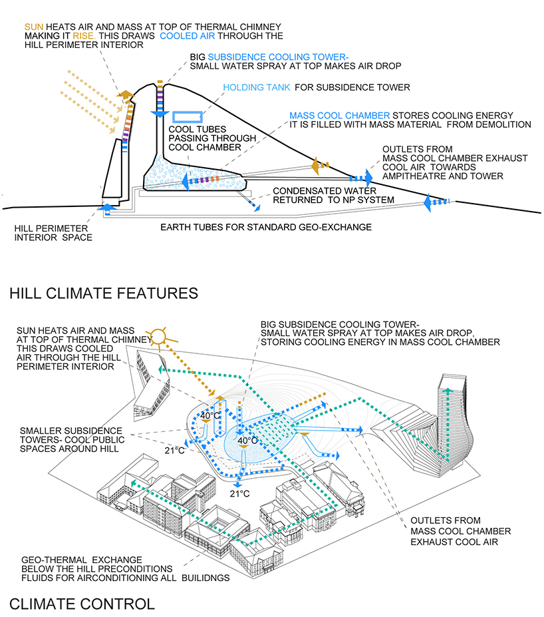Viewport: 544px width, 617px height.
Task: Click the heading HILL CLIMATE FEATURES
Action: click(104, 293)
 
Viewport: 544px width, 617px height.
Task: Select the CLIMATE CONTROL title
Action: click(82, 604)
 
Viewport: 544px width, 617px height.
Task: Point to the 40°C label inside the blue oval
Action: click(247, 441)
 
